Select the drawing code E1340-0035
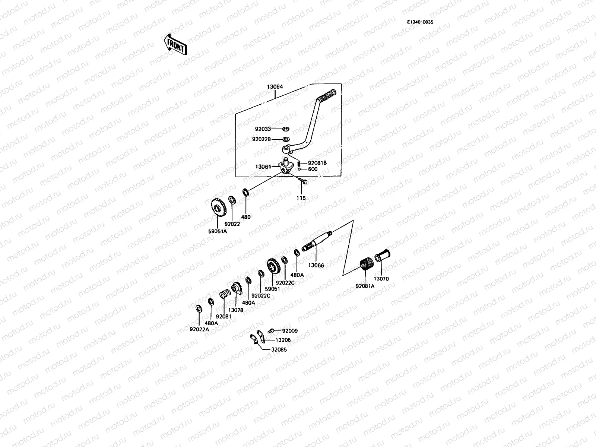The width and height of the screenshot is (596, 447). tap(420, 22)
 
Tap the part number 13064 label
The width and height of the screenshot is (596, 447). tap(275, 87)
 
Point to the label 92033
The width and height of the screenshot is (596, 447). tap(263, 129)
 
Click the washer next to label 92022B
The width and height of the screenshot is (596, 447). tap(286, 139)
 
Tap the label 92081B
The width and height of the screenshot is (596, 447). tap(317, 163)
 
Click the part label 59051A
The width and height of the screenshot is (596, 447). tap(218, 231)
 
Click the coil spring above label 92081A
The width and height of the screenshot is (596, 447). tap(365, 265)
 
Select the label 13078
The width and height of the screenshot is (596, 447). tap(236, 310)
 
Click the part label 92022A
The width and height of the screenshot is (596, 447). tap(199, 329)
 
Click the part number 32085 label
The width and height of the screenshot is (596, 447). tap(279, 350)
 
